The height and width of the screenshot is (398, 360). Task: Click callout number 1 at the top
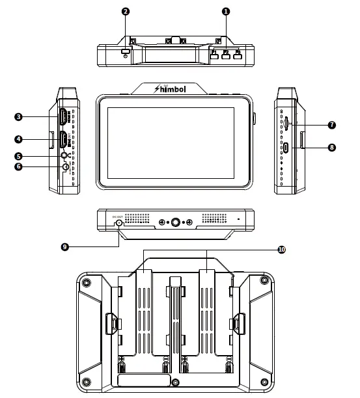pyautogui.click(x=226, y=12)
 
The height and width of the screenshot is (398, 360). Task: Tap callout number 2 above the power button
pyautogui.click(x=125, y=12)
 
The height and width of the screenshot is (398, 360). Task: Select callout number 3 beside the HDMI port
pyautogui.click(x=19, y=117)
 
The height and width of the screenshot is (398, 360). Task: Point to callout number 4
pyautogui.click(x=19, y=139)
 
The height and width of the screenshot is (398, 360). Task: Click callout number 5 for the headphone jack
pyautogui.click(x=19, y=156)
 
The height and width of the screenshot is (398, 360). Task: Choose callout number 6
pyautogui.click(x=19, y=167)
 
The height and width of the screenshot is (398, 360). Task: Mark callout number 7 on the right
pyautogui.click(x=332, y=124)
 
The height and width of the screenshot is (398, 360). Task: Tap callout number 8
pyautogui.click(x=332, y=148)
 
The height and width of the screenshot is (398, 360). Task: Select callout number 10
pyautogui.click(x=281, y=249)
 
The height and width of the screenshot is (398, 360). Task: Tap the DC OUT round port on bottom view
pyautogui.click(x=118, y=223)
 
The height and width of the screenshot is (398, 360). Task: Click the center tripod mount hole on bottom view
pyautogui.click(x=174, y=223)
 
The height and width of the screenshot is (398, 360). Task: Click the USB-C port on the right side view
pyautogui.click(x=286, y=148)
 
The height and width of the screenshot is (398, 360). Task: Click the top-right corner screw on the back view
pyautogui.click(x=263, y=280)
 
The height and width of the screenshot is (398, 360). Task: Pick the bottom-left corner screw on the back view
pyautogui.click(x=86, y=381)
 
